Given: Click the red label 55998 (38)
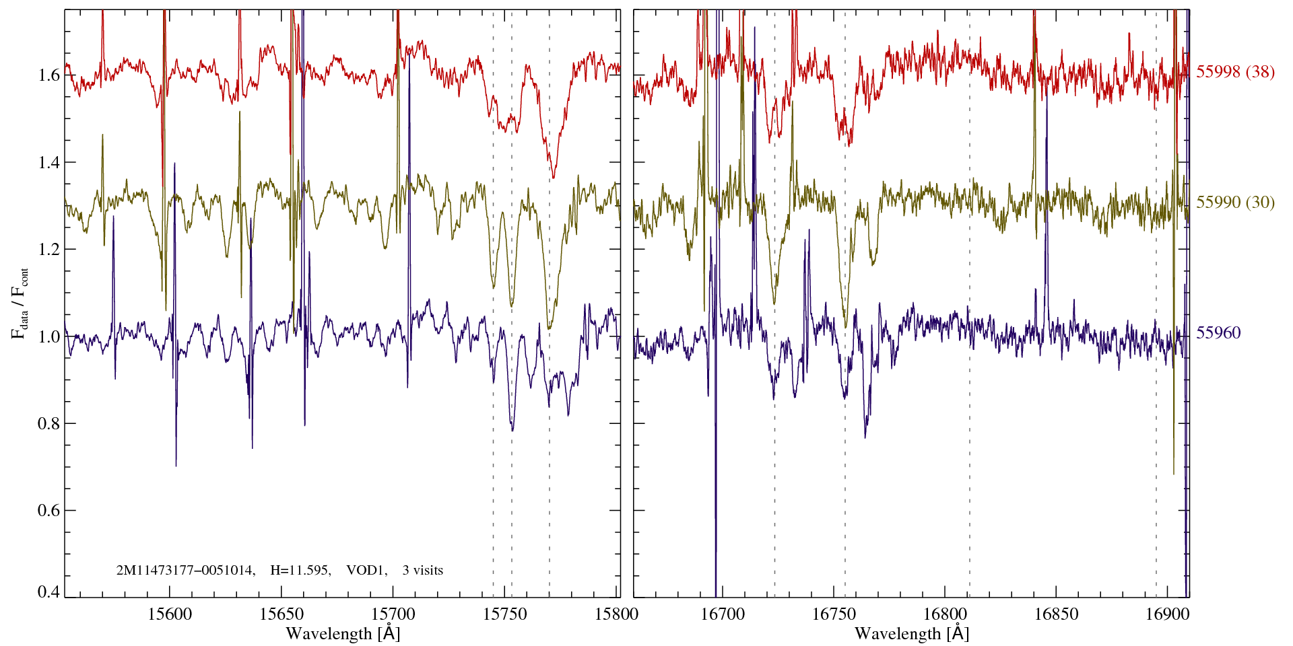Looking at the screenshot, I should (1235, 72).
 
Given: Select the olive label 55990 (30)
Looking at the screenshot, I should (1235, 203).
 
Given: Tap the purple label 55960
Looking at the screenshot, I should (1218, 333).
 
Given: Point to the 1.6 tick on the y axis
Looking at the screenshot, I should (48, 75).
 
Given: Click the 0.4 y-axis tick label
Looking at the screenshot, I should (48, 591).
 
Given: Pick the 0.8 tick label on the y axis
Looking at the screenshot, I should (48, 423).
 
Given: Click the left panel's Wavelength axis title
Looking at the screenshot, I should (343, 634).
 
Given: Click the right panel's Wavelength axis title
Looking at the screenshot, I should (912, 634).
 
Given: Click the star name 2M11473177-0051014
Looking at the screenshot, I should (185, 571).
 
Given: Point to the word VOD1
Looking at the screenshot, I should (366, 571).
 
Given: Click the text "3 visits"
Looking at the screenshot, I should (422, 571).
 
